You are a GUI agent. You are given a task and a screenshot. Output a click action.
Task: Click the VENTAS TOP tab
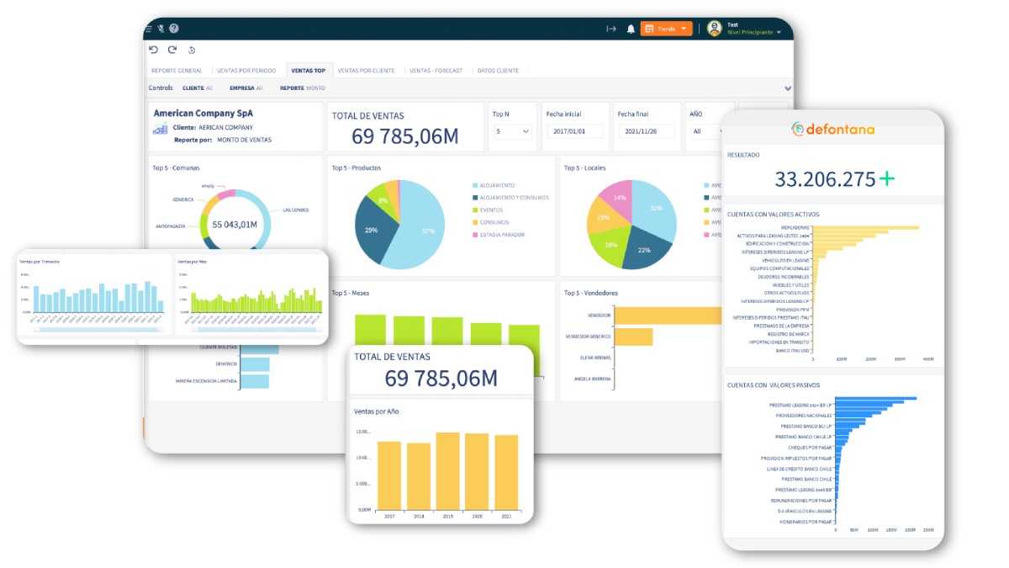[x=308, y=71]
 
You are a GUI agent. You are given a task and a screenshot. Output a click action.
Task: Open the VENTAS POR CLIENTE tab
[x=366, y=71]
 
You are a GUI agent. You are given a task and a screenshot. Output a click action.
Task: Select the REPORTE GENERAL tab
[x=177, y=71]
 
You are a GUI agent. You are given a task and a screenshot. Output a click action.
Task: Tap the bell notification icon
[x=631, y=29]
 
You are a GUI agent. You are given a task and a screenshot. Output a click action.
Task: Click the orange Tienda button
[x=666, y=29]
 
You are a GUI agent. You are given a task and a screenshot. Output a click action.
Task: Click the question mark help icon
[x=174, y=29]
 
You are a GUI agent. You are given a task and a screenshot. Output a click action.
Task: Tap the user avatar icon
[x=715, y=29]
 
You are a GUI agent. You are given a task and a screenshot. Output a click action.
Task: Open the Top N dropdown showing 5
[x=511, y=131]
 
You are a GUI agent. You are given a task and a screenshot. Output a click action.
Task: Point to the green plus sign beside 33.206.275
[x=886, y=178]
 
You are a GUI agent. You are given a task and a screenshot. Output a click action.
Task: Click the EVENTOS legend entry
[x=492, y=210]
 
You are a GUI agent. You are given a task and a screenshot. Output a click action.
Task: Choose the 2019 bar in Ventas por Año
[x=447, y=471]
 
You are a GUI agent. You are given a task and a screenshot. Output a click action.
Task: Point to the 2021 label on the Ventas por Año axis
[x=505, y=515]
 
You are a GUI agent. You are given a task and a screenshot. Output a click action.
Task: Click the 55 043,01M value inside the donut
[x=235, y=225]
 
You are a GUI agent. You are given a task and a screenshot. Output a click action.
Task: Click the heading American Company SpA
[x=203, y=113]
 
